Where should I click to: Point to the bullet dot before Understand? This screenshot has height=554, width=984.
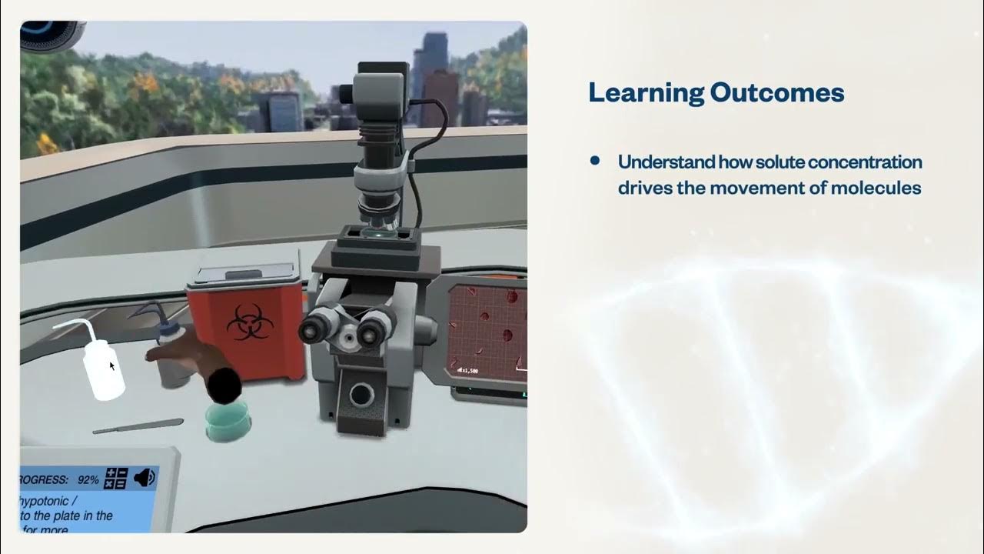tap(594, 161)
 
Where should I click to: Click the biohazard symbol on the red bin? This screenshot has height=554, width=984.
tap(246, 321)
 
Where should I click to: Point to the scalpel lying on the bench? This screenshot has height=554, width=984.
tap(138, 426)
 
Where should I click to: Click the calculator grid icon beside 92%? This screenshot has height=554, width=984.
tap(115, 479)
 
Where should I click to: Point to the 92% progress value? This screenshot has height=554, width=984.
tap(88, 479)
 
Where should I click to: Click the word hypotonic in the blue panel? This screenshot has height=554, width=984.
tap(45, 502)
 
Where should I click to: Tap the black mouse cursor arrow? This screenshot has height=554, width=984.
tap(112, 366)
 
